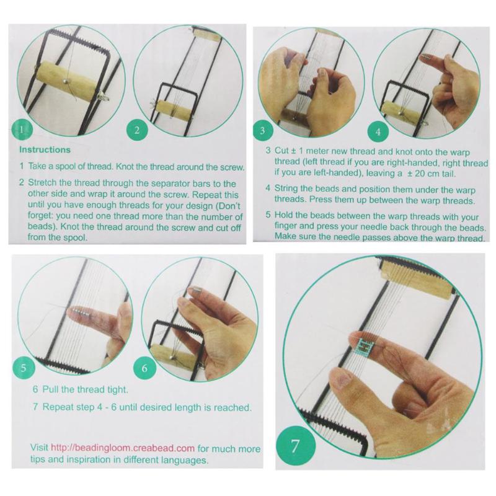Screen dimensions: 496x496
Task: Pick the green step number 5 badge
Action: point(23,367)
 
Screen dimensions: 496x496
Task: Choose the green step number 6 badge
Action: point(144,367)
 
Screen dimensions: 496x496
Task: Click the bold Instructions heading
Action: point(45,150)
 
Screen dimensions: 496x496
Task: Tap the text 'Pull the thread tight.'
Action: point(81,390)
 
